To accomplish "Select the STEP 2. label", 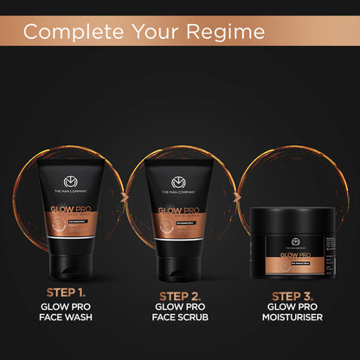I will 180,300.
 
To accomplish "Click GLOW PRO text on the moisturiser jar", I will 287,256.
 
